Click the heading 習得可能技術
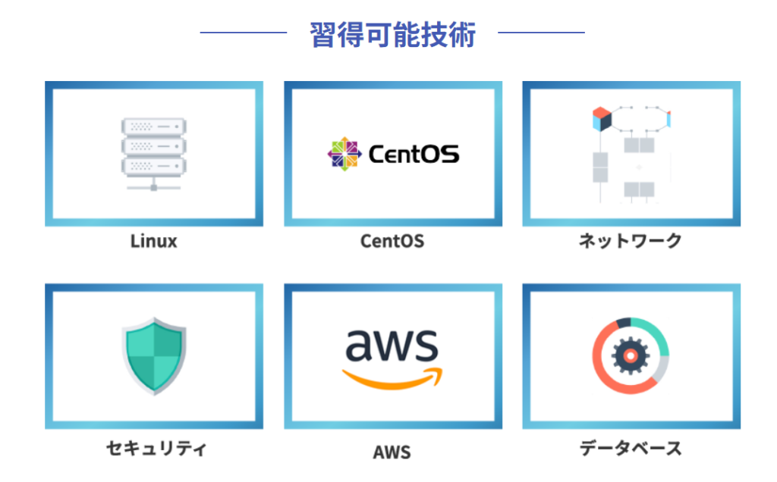tap(392, 35)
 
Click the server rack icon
tap(153, 154)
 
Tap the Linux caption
tap(153, 241)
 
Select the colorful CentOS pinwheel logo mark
tap(344, 154)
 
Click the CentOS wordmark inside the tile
tap(414, 154)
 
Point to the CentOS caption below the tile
tap(392, 241)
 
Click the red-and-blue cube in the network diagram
tap(602, 119)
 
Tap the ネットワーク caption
tap(631, 241)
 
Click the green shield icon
tap(154, 355)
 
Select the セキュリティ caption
tap(156, 449)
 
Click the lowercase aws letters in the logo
tap(392, 344)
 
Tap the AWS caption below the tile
tap(392, 452)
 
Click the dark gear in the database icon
tap(631, 355)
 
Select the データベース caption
tap(631, 449)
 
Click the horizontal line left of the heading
tap(244, 33)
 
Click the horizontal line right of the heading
tap(541, 33)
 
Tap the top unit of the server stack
tap(153, 127)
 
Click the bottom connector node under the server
tap(153, 187)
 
